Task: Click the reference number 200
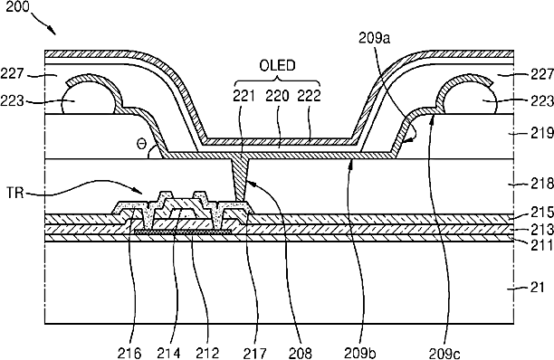click(18, 6)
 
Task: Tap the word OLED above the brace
click(277, 66)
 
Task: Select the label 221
click(244, 96)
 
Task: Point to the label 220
click(277, 96)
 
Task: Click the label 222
click(310, 96)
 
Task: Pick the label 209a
click(375, 38)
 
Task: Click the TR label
click(15, 193)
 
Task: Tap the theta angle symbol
click(141, 145)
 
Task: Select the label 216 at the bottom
click(129, 353)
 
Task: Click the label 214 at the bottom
click(168, 353)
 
